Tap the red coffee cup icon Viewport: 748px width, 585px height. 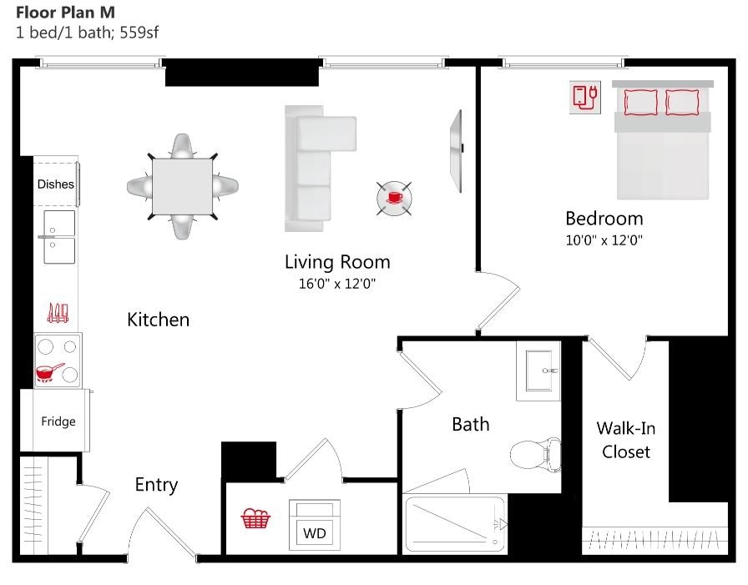(x=393, y=198)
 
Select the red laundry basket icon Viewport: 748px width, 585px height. (x=255, y=519)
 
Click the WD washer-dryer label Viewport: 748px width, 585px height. (x=314, y=532)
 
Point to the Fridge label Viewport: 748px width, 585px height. (x=58, y=421)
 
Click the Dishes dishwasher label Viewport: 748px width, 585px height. (x=56, y=184)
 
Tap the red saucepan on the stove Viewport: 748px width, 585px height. (x=49, y=371)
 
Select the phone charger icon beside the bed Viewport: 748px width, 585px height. (x=585, y=95)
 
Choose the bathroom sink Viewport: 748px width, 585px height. (x=538, y=368)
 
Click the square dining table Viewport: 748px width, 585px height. (x=181, y=186)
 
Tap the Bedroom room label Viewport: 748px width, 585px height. (x=604, y=219)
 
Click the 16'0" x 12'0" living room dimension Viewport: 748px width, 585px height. (x=337, y=284)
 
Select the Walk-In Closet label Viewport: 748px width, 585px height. (x=625, y=440)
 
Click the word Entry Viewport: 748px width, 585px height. (x=156, y=485)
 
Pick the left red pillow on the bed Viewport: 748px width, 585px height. (x=641, y=102)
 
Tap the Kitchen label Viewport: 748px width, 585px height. (x=158, y=320)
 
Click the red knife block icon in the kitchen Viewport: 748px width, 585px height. (x=57, y=313)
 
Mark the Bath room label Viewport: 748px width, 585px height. (x=470, y=424)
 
